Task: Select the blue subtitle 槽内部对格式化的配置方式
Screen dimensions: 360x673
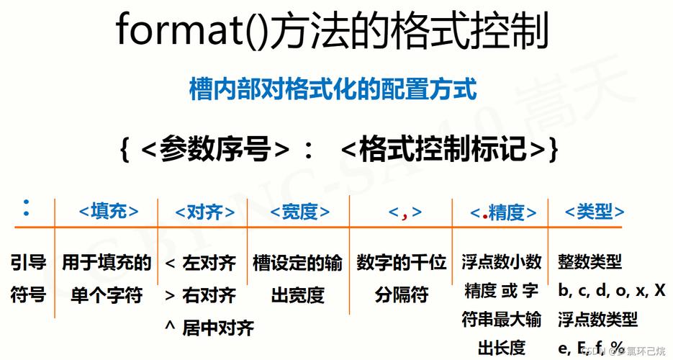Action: pyautogui.click(x=333, y=90)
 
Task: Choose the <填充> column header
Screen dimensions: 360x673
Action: pyautogui.click(x=108, y=211)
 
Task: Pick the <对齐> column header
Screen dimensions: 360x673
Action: pyautogui.click(x=204, y=212)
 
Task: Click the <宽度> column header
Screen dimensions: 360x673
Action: pyautogui.click(x=300, y=212)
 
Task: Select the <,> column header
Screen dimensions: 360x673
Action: pyautogui.click(x=405, y=212)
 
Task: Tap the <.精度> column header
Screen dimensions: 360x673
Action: pyautogui.click(x=503, y=212)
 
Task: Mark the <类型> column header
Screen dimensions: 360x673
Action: pyautogui.click(x=595, y=211)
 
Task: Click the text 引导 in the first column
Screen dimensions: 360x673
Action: pyautogui.click(x=29, y=263)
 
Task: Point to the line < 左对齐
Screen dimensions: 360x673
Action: pyautogui.click(x=200, y=264)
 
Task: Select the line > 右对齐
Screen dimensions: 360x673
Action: pyautogui.click(x=200, y=295)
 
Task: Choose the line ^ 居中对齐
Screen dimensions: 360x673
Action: pyautogui.click(x=209, y=328)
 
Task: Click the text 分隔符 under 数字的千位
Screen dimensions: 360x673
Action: pyautogui.click(x=402, y=295)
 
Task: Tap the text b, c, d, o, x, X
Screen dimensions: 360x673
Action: pyautogui.click(x=612, y=291)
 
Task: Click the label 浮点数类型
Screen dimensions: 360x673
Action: pyautogui.click(x=597, y=319)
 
